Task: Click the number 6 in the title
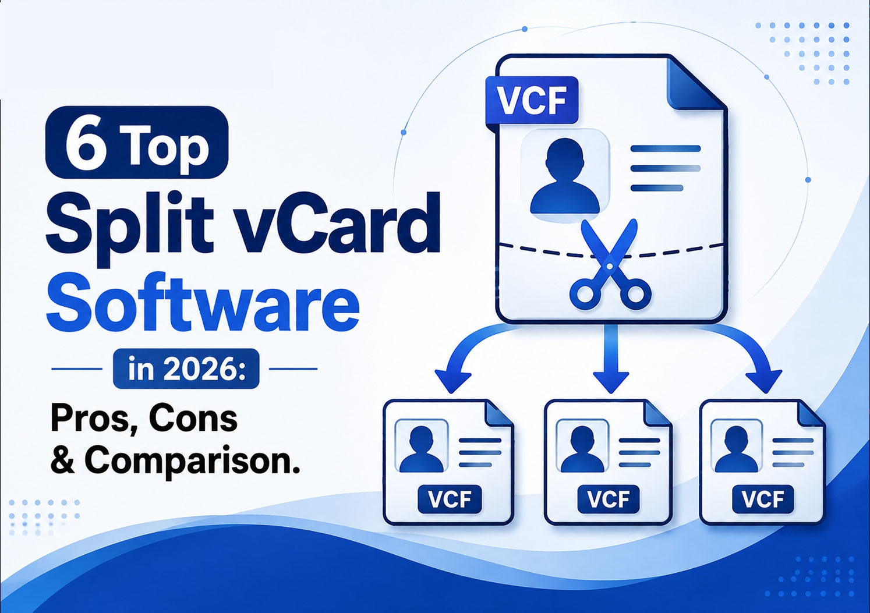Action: (86, 142)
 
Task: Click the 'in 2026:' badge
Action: (186, 369)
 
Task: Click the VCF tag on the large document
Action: (532, 101)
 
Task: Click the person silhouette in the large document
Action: (565, 176)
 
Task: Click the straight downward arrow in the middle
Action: (611, 359)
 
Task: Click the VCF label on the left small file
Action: (450, 499)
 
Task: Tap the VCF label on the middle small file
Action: (608, 499)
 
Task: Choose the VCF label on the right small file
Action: (763, 499)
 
